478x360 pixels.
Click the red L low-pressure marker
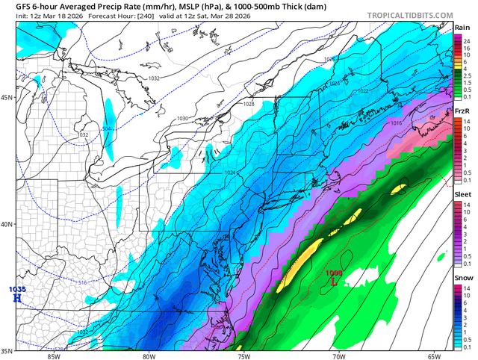pos(334,282)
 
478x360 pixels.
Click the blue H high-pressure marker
pos(16,298)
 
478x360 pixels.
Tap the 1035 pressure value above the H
pos(16,289)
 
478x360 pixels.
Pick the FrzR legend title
pos(462,111)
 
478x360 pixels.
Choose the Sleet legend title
pos(463,195)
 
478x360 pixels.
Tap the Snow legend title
pos(463,279)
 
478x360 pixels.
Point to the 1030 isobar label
pos(181,119)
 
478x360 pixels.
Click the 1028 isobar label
pos(248,105)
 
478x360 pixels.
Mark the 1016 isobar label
pos(396,122)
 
